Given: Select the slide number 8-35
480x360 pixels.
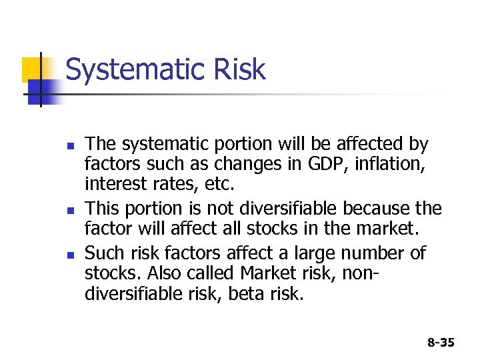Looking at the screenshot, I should (441, 343).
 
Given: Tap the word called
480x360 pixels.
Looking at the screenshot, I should (215, 273).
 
